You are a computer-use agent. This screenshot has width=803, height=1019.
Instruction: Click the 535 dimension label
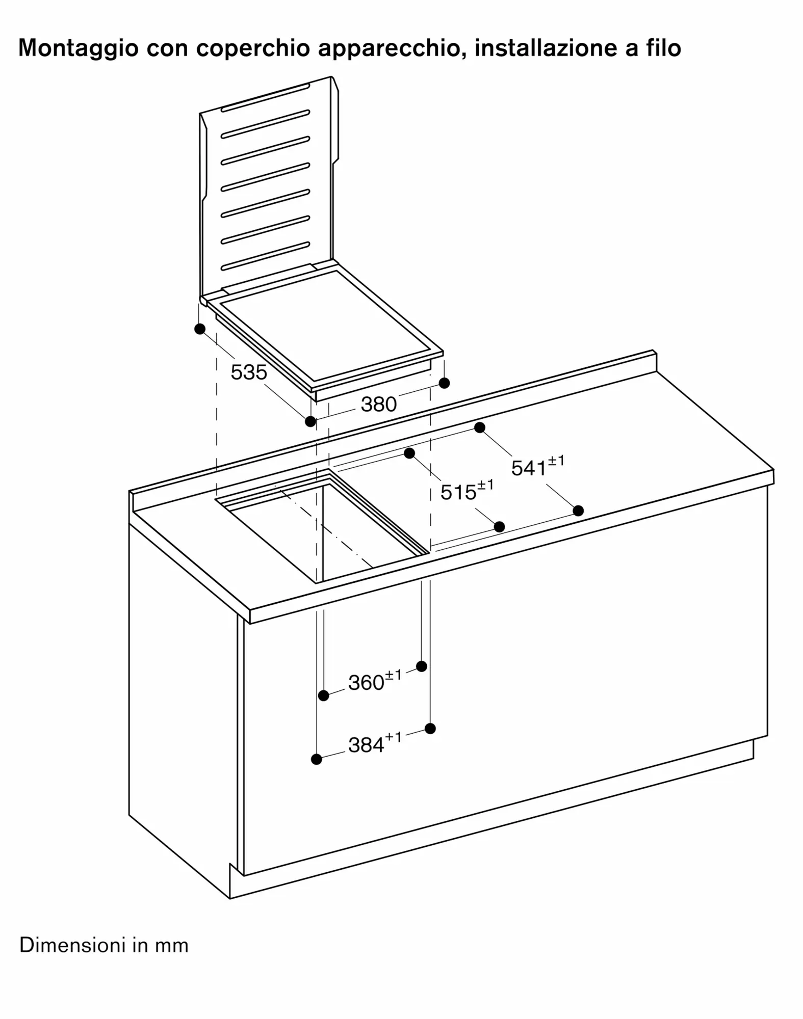click(x=249, y=372)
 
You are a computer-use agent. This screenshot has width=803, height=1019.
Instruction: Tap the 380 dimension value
click(x=379, y=405)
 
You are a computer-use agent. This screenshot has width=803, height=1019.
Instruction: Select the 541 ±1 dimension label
click(x=538, y=466)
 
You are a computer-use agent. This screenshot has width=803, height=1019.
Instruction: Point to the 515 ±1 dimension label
click(x=467, y=490)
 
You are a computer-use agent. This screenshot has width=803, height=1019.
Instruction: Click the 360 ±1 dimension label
click(x=375, y=680)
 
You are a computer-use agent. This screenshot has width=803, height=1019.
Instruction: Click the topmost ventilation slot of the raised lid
click(x=266, y=97)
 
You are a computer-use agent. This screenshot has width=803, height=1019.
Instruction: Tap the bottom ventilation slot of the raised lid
click(x=266, y=256)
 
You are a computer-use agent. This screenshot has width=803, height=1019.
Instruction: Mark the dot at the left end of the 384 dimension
click(x=316, y=759)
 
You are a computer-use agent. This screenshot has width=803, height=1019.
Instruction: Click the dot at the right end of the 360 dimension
click(x=422, y=666)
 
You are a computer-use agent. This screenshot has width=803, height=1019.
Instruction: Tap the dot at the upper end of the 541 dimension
click(x=479, y=427)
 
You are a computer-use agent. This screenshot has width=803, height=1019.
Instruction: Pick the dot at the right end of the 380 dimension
click(x=444, y=383)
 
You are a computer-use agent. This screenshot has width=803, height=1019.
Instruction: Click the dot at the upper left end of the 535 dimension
click(x=200, y=329)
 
